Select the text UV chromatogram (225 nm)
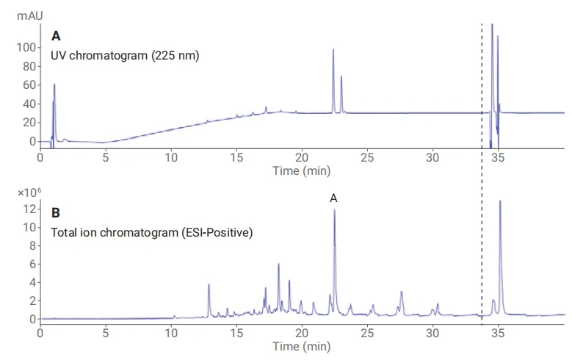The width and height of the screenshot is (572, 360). click(125, 55)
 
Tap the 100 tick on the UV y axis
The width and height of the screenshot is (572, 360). click(26, 47)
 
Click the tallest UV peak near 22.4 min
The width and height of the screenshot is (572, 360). click(333, 51)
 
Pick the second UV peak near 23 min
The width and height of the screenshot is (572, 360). click(341, 76)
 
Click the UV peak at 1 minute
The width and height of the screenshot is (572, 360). click(54, 85)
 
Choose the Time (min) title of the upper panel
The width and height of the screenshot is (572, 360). click(301, 170)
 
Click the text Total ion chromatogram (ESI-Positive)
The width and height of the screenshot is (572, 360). click(151, 234)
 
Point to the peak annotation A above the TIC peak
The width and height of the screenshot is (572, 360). click(334, 198)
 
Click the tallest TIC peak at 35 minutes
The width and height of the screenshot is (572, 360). click(500, 202)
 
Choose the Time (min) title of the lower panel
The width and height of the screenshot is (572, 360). click(301, 346)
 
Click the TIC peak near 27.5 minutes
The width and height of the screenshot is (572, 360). click(402, 292)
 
